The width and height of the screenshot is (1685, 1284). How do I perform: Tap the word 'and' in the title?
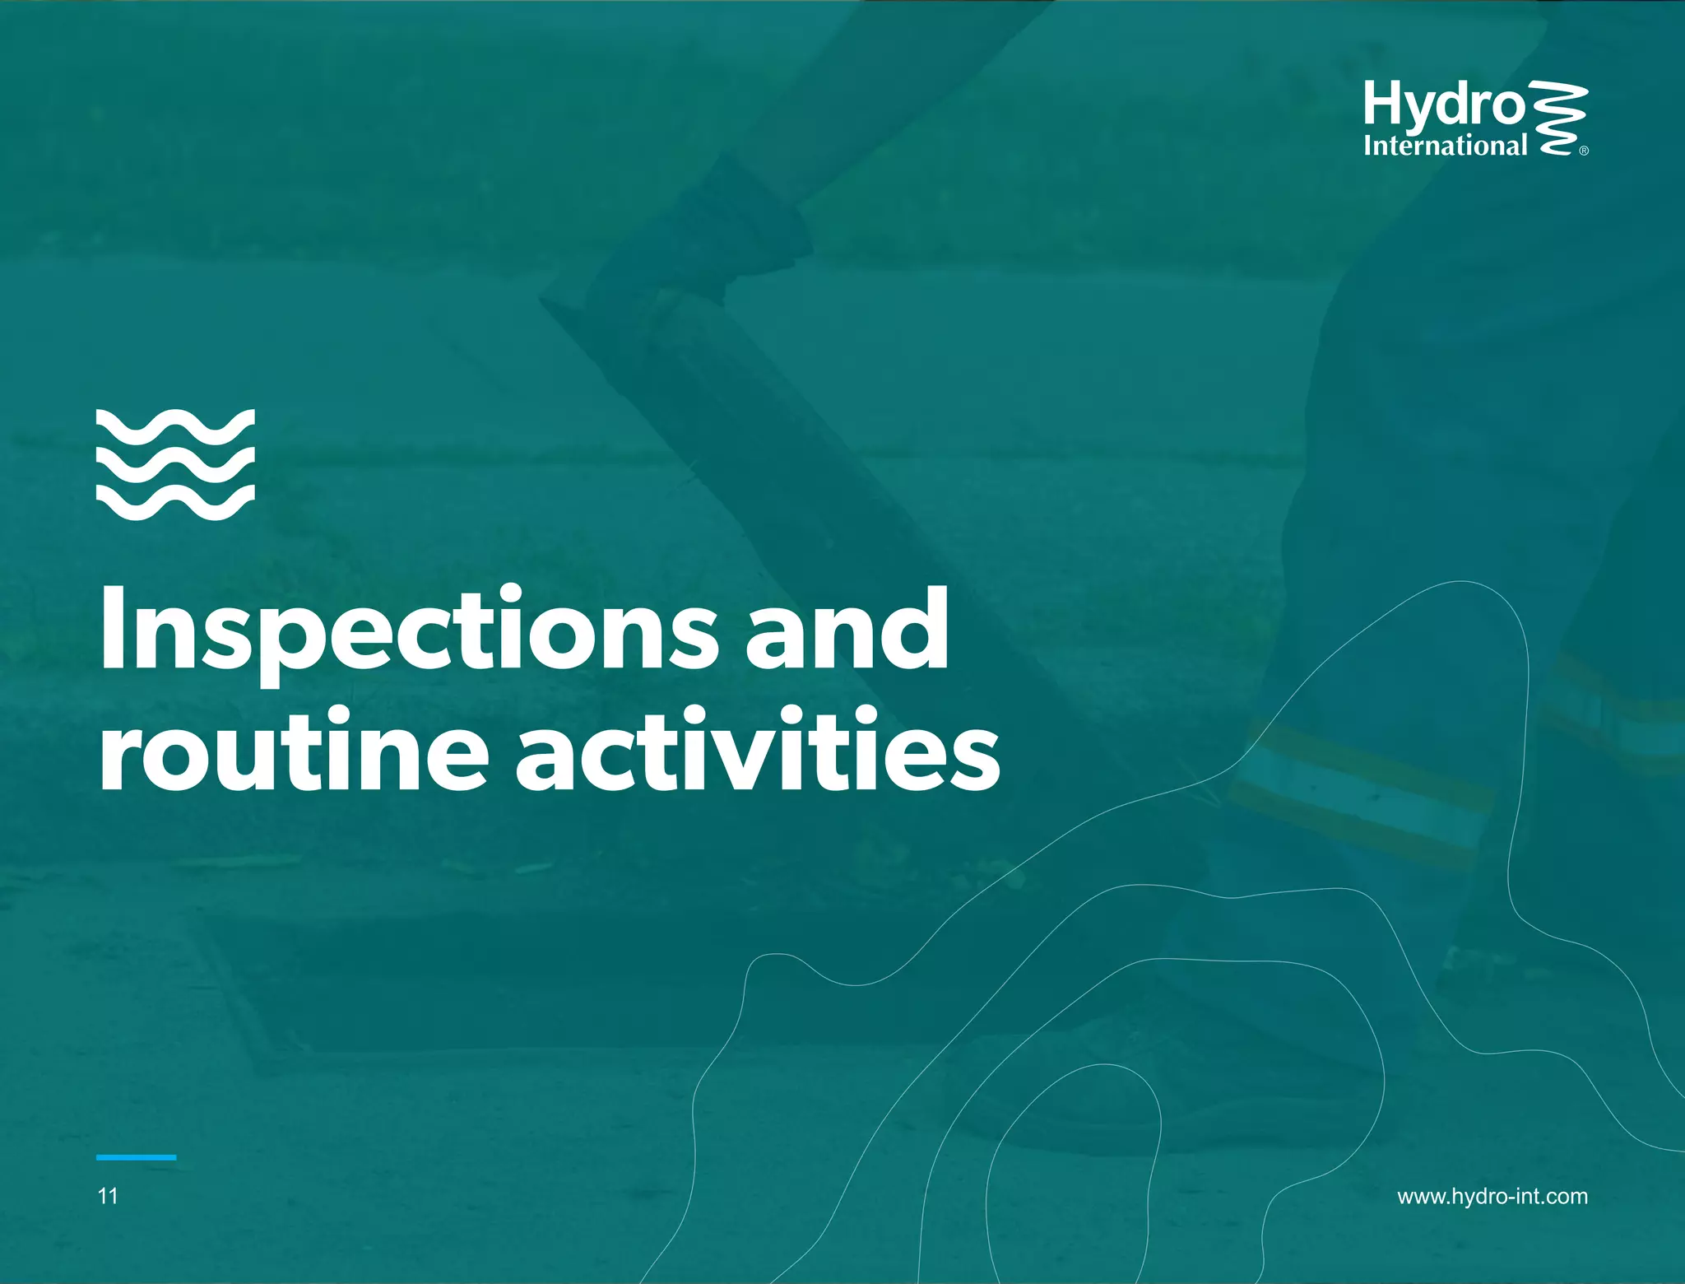(847, 630)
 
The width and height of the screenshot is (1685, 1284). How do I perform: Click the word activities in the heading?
(758, 751)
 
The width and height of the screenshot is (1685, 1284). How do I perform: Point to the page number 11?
(108, 1197)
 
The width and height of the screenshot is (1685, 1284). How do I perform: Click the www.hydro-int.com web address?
(1492, 1197)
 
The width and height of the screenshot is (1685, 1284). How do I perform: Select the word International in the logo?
(1445, 147)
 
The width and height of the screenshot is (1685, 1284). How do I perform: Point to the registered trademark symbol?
(1584, 151)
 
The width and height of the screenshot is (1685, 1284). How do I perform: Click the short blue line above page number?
(136, 1157)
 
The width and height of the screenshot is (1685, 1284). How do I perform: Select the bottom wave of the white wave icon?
(175, 501)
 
